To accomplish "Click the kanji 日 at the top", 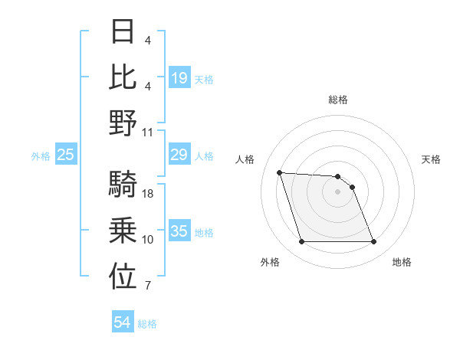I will pos(123,31).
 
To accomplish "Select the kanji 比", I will pos(123,77).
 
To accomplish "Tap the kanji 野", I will pos(123,123).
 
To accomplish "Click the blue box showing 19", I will pos(179,77).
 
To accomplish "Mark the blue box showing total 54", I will pos(122,323).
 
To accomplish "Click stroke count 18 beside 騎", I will pos(149,194).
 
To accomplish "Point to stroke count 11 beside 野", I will pos(149,132).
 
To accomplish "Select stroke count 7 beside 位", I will pos(147,286).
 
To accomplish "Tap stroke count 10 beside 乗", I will pos(149,240).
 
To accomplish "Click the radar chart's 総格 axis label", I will pos(338,100).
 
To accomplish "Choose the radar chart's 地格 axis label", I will pos(402,262).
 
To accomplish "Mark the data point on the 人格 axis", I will pos(280,172).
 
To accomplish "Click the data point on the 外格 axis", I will pos(301,242).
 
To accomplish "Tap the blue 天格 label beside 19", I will pos(204,80).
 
